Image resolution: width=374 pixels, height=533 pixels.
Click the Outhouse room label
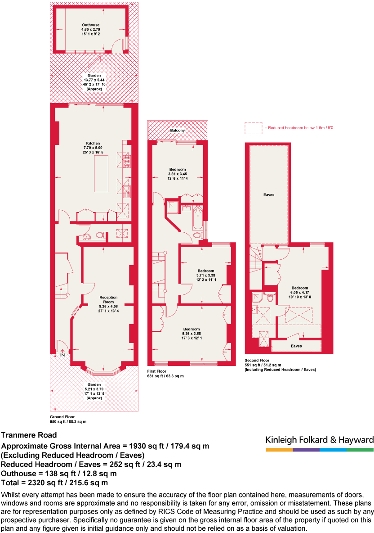pyautogui.click(x=91, y=25)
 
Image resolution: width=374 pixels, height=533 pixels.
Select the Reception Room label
pyautogui.click(x=109, y=300)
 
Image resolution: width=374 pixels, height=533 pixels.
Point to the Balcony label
pyautogui.click(x=178, y=131)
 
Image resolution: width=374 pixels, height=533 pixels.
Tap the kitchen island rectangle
pyautogui.click(x=101, y=173)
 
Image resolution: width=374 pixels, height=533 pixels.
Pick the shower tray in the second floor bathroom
pyautogui.click(x=257, y=297)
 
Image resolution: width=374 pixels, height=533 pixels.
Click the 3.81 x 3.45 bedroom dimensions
pyautogui.click(x=178, y=174)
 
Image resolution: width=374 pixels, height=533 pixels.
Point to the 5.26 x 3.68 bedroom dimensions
pyautogui.click(x=191, y=334)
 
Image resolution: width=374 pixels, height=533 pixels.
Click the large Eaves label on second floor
pyautogui.click(x=269, y=195)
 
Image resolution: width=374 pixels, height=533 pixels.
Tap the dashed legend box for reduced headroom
pyautogui.click(x=253, y=128)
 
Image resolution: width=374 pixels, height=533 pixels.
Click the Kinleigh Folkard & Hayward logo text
pyautogui.click(x=320, y=440)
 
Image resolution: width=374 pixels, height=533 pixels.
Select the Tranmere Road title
pyautogui.click(x=29, y=435)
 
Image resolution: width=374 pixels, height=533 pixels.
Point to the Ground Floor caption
pyautogui.click(x=62, y=417)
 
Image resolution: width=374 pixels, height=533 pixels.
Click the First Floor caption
pyautogui.click(x=158, y=371)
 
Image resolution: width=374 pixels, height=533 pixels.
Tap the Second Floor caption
pyautogui.click(x=257, y=361)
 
